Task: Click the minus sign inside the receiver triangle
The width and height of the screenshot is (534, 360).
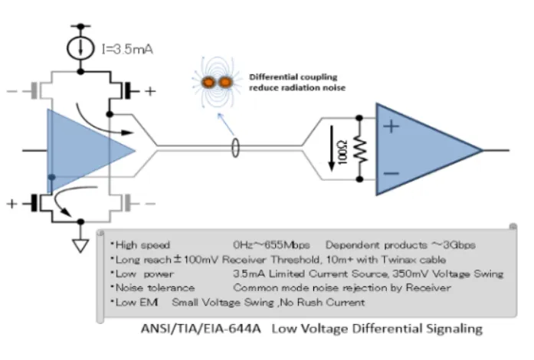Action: (391, 175)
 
